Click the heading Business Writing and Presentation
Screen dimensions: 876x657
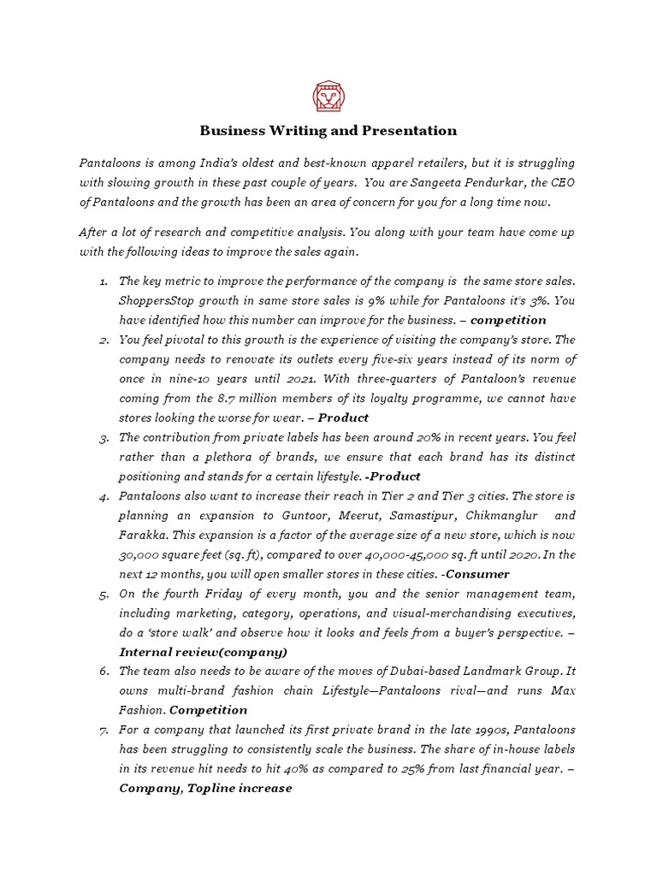click(328, 131)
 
